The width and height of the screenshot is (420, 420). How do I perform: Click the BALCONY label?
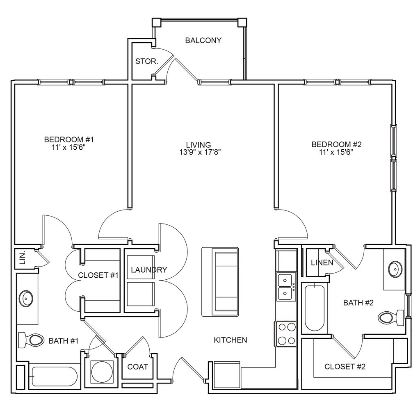click(203, 41)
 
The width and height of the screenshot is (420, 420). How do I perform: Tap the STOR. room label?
click(147, 62)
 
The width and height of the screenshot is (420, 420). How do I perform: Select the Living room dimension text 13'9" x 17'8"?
click(200, 153)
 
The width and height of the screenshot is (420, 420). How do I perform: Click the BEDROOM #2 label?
click(336, 145)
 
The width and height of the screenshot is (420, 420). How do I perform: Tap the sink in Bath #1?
click(26, 298)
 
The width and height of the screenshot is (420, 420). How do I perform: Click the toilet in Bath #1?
click(31, 340)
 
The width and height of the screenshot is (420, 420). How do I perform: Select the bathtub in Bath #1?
click(55, 377)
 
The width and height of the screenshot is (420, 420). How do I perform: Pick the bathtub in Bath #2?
click(314, 308)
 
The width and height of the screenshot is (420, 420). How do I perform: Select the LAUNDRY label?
click(149, 270)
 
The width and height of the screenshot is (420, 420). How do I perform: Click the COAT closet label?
click(138, 367)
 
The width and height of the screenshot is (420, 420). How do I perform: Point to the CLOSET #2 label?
click(345, 366)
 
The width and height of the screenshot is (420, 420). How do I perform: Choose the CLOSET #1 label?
click(98, 275)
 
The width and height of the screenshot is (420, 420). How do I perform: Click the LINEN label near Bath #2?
click(322, 263)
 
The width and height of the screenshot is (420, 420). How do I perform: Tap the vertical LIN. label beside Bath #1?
click(23, 258)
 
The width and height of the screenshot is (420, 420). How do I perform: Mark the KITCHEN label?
click(231, 340)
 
